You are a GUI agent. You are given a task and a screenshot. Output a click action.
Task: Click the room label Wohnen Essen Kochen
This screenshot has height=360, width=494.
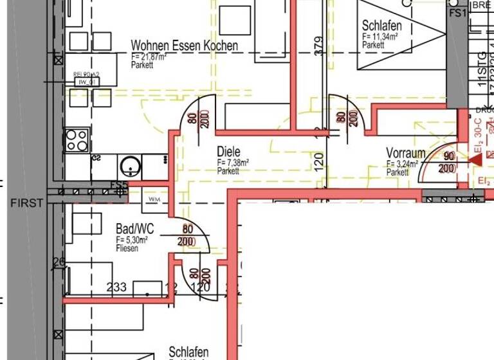184,46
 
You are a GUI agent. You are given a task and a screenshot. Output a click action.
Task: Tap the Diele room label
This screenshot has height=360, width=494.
228,152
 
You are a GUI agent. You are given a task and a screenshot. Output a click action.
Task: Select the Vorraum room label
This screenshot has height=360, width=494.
405,153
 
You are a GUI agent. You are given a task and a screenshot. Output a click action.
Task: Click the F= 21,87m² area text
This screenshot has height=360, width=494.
149,57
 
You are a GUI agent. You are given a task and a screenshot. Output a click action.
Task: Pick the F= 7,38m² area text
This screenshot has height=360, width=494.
233,163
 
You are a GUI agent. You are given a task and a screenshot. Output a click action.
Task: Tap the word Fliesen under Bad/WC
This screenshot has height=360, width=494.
127,248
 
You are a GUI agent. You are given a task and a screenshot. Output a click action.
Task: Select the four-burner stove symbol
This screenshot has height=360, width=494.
77,139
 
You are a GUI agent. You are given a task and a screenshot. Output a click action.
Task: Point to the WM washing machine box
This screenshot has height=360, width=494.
154,199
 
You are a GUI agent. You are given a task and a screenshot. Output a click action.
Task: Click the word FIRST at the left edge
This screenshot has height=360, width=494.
27,203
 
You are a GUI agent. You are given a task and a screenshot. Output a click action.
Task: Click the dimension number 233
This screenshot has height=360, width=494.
116,287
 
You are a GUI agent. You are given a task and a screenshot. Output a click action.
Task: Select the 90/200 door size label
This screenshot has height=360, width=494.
449,163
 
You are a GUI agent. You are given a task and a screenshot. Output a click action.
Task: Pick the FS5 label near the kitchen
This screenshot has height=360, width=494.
119,186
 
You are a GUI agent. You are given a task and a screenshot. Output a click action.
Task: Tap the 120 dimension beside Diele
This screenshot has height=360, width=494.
319,160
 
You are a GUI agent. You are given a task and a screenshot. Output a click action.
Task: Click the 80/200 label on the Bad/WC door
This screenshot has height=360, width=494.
187,235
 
